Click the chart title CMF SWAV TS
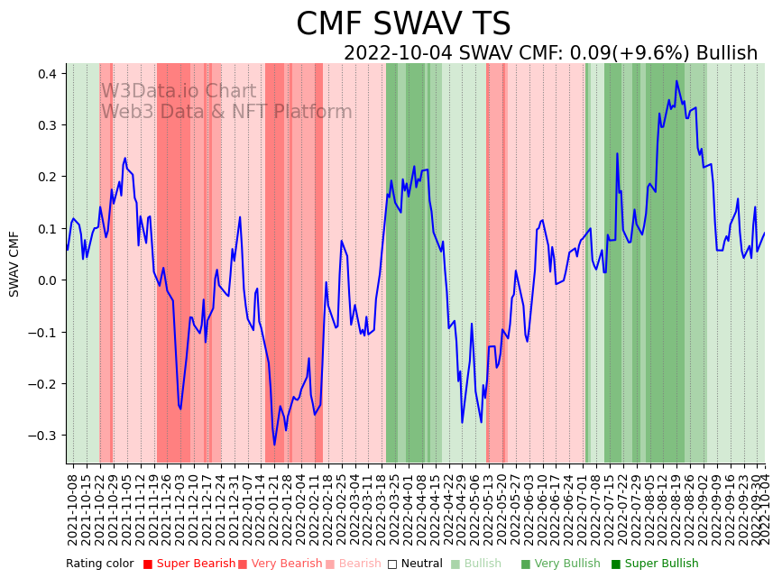pos(403,24)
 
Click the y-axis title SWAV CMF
pos(14,263)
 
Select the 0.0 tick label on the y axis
pos(45,280)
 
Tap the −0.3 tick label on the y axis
pos(41,436)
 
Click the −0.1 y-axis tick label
pos(41,333)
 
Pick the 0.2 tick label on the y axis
pos(45,177)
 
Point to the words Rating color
pos(100,564)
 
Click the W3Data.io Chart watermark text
pos(178,92)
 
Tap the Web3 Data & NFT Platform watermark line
pos(226,112)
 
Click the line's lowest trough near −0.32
pos(275,445)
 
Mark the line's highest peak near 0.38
pos(676,81)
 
